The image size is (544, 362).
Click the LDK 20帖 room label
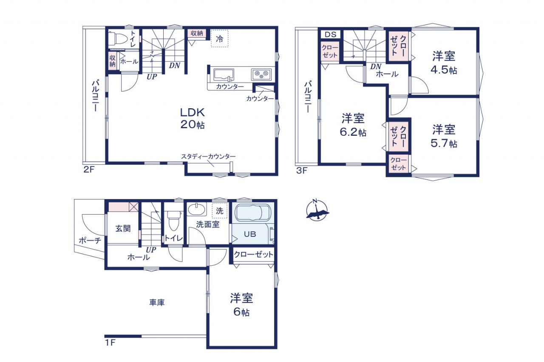click(x=193, y=118)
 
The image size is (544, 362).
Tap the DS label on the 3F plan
click(x=331, y=34)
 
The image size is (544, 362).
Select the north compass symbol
click(x=317, y=210)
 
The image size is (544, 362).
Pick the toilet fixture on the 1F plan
click(x=173, y=220)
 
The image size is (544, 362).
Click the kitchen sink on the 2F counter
click(x=224, y=75)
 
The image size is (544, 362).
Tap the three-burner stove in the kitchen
click(x=261, y=74)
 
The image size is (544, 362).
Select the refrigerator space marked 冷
click(x=220, y=38)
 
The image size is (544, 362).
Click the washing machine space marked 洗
click(x=220, y=210)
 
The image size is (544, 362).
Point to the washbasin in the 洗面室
click(x=197, y=209)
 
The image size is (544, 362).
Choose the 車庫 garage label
click(x=157, y=302)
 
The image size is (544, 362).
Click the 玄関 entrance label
click(x=123, y=228)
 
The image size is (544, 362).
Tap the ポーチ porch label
click(x=90, y=241)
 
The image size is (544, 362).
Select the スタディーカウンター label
click(x=208, y=157)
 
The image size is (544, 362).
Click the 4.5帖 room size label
click(x=443, y=70)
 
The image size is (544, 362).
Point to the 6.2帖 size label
click(x=353, y=132)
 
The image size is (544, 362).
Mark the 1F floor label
click(x=110, y=343)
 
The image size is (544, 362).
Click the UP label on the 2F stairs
click(x=152, y=77)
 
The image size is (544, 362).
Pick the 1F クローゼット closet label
click(x=254, y=254)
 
